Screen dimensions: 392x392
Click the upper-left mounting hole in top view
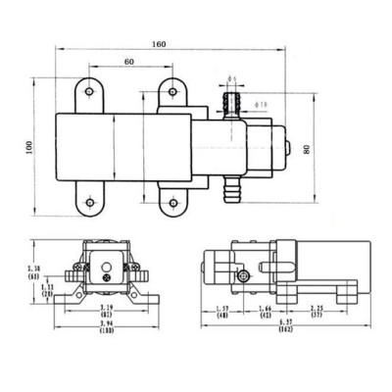click(x=89, y=91)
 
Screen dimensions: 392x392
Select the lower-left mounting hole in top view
click(x=89, y=203)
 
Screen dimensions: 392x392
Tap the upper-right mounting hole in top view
click(x=172, y=91)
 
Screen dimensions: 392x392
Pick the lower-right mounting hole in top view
click(x=172, y=203)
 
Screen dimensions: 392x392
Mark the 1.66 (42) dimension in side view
click(x=264, y=313)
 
